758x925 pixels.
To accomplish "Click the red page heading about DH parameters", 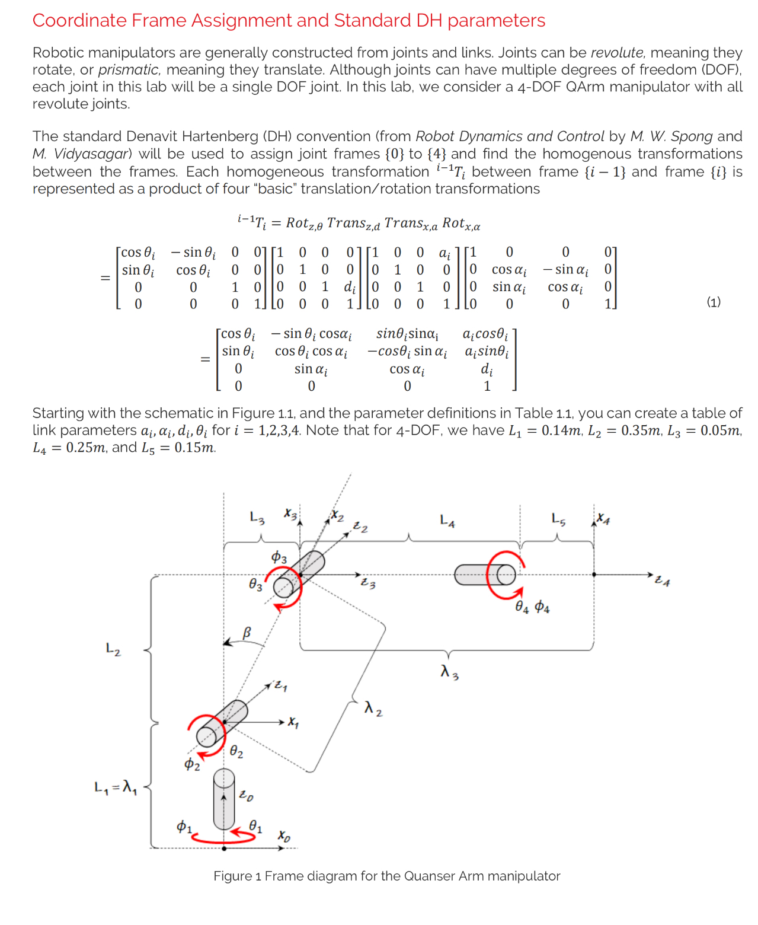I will point(289,21).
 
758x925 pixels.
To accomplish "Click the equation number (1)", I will point(714,302).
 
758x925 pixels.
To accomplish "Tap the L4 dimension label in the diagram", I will point(447,521).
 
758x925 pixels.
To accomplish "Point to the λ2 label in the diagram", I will point(373,708).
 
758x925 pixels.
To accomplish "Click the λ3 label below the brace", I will point(449,672).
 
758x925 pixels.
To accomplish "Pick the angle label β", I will point(247,633).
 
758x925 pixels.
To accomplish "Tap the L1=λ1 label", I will point(116,788).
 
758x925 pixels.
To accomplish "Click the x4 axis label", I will point(603,518).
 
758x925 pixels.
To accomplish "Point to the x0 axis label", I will point(284,836).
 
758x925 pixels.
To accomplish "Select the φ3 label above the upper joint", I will point(279,557).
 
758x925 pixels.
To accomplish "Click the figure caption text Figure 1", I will point(386,876).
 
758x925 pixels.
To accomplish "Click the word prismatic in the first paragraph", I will point(129,70).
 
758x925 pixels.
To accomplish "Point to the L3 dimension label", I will point(257,517).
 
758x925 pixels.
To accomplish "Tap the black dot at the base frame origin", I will point(224,849).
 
